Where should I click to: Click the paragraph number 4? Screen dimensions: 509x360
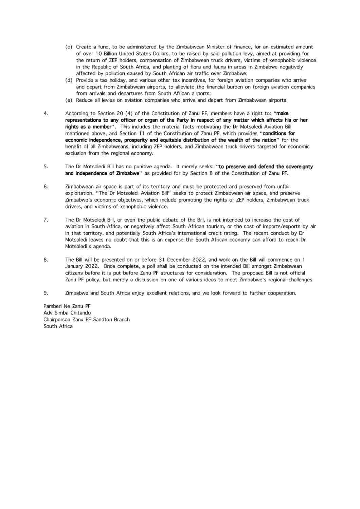[x=46, y=113]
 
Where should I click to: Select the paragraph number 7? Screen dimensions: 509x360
[x=46, y=220]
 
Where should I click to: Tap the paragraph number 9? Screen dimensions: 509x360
[x=46, y=293]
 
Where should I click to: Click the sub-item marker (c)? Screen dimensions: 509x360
[x=69, y=47]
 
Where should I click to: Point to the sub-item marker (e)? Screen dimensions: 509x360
[x=69, y=100]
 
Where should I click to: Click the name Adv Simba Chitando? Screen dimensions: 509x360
[x=67, y=313]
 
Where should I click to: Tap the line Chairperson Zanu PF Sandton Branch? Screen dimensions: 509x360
[x=87, y=320]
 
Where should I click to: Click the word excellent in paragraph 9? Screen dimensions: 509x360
[x=160, y=293]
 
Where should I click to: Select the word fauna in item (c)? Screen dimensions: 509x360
[x=212, y=67]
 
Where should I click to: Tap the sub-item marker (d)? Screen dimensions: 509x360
[x=69, y=80]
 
